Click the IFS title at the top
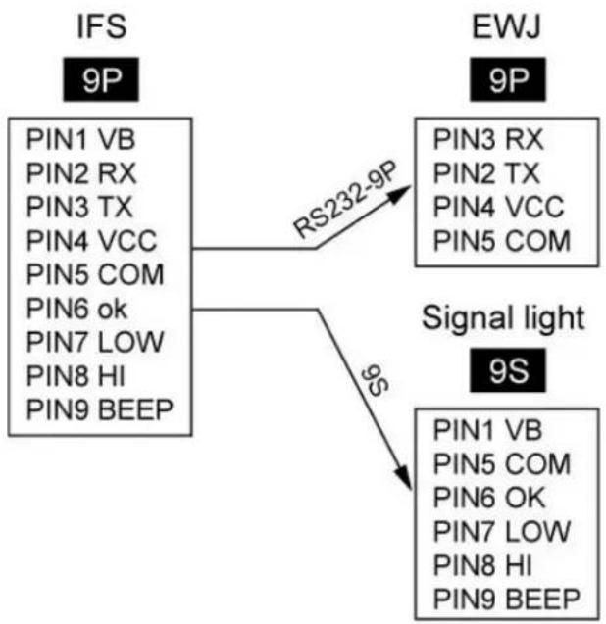click(x=102, y=27)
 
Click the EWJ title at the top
click(x=506, y=27)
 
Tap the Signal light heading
click(x=503, y=318)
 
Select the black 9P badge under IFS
click(x=101, y=79)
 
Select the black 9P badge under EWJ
click(x=508, y=79)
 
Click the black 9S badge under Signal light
click(x=508, y=370)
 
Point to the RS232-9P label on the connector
click(x=345, y=199)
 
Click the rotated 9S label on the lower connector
click(x=376, y=381)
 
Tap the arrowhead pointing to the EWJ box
click(x=399, y=194)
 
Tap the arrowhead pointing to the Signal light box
click(x=403, y=476)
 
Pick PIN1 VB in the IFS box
click(x=80, y=139)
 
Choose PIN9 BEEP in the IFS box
click(x=100, y=409)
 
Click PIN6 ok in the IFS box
click(x=76, y=309)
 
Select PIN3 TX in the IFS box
click(x=79, y=207)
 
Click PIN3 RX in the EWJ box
click(x=488, y=139)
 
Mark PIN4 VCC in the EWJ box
click(x=498, y=207)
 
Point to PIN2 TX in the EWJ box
click(x=486, y=173)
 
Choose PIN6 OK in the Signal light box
click(x=489, y=498)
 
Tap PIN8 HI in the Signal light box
click(x=482, y=564)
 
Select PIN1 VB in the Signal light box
click(x=487, y=430)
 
